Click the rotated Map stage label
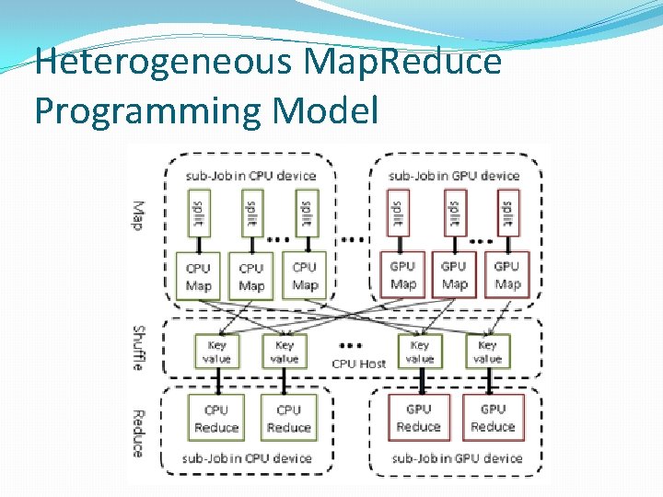(138, 216)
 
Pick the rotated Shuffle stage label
(138, 348)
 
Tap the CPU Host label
(359, 364)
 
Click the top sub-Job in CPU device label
(250, 176)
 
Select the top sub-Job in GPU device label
(454, 176)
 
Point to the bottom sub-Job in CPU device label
(247, 457)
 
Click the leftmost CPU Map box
(198, 276)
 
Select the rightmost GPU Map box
(506, 274)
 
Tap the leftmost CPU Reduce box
(216, 419)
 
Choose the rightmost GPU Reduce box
(493, 418)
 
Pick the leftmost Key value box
(216, 352)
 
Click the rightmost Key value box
(487, 352)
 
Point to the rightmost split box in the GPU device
(506, 214)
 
